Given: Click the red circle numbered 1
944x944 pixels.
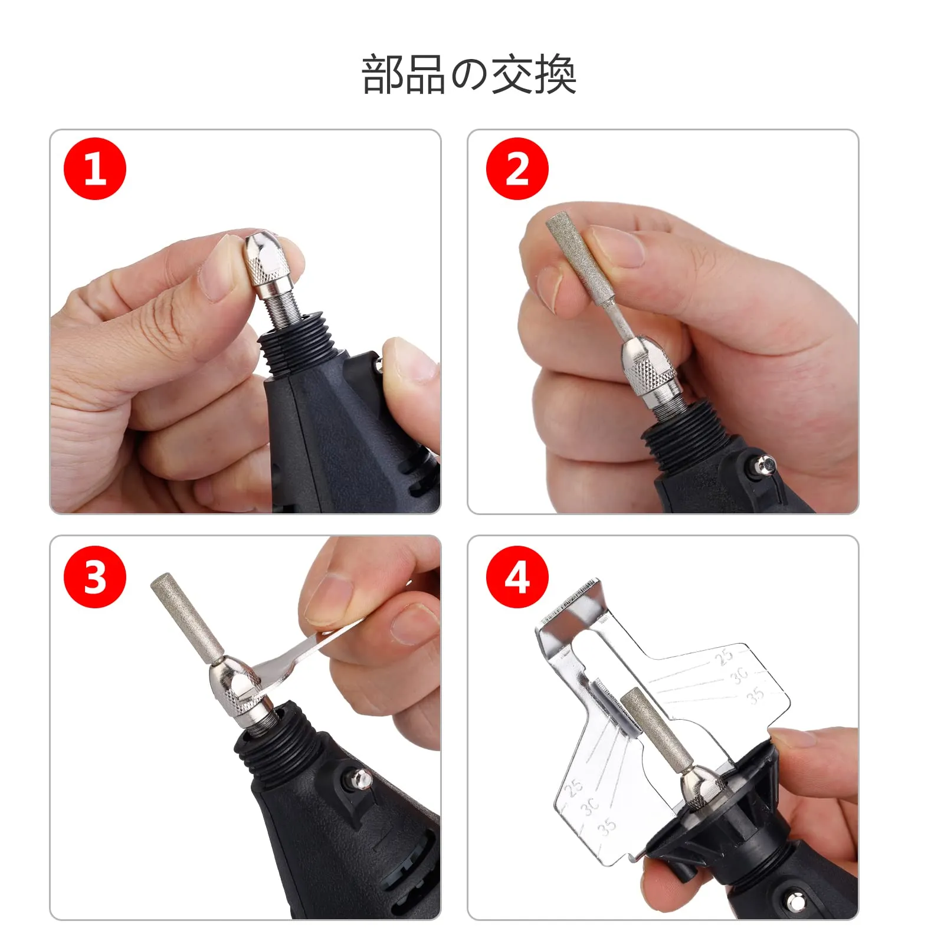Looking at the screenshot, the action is pos(95,169).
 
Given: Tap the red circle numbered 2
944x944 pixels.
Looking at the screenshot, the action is pos(517,169).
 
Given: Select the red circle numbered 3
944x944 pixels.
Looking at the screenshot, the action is pos(95,576).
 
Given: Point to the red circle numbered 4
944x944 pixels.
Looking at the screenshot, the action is pos(517,576).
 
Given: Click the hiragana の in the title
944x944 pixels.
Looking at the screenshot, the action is pos(469,76).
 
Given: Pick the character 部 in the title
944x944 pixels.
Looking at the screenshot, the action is pos(382,74).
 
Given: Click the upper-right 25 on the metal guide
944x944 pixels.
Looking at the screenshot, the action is pos(723,656).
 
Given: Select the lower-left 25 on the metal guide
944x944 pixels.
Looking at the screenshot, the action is pos(573,787).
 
